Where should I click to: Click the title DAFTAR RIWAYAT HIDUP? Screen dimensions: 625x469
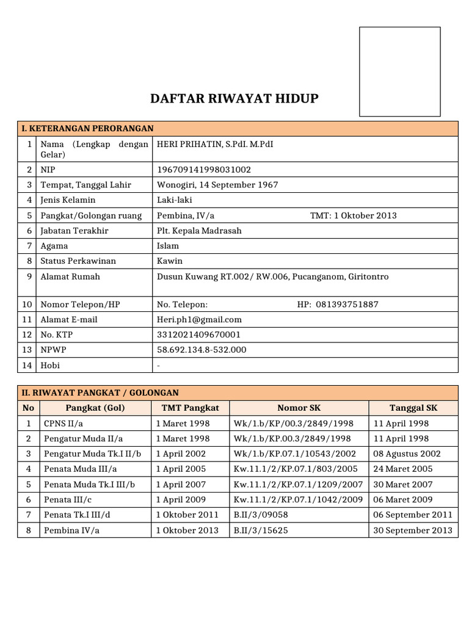(x=234, y=98)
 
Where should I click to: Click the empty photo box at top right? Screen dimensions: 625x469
(x=399, y=71)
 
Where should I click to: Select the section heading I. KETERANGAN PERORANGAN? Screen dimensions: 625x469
(x=87, y=128)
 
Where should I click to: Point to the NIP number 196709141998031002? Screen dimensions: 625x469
(x=204, y=170)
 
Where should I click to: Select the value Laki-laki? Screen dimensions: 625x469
(x=175, y=200)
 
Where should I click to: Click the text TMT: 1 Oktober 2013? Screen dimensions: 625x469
(x=353, y=215)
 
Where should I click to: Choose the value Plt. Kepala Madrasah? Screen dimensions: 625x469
(x=199, y=231)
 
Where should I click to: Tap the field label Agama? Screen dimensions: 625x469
(x=54, y=246)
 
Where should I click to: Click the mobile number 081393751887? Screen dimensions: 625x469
(x=347, y=305)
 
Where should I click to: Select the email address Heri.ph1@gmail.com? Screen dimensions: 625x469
(x=199, y=319)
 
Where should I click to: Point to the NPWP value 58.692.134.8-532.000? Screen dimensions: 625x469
(x=202, y=350)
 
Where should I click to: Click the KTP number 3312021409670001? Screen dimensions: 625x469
(x=198, y=334)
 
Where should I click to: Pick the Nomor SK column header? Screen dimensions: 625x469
(x=299, y=408)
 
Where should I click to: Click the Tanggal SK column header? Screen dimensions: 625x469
(x=413, y=408)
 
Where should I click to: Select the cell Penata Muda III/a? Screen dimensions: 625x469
(x=81, y=469)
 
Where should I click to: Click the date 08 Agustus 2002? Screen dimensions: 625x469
(x=406, y=453)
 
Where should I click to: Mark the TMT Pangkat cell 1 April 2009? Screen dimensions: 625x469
(x=181, y=499)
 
